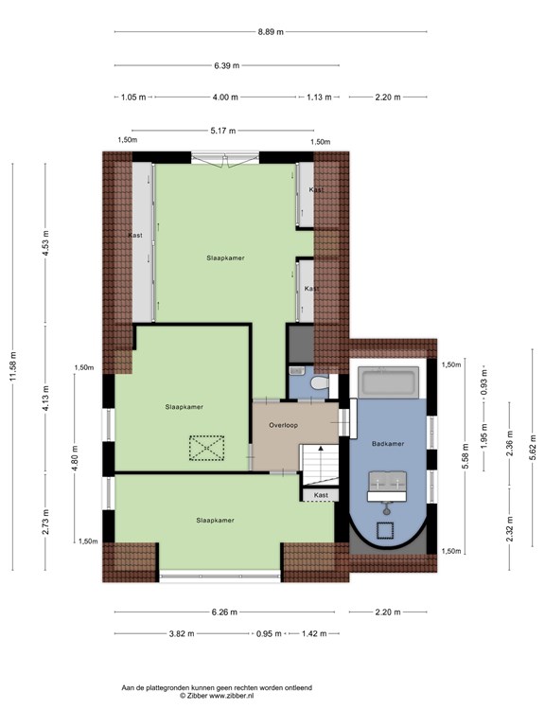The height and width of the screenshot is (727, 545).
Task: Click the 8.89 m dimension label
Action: pyautogui.click(x=271, y=32)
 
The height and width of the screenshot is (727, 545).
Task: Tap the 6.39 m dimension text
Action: pyautogui.click(x=227, y=65)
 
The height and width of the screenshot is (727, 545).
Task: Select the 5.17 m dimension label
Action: pyautogui.click(x=223, y=131)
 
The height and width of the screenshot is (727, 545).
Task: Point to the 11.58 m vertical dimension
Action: pyautogui.click(x=13, y=366)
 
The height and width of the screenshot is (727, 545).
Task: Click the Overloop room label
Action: pyautogui.click(x=284, y=425)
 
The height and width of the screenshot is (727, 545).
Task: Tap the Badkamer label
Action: pyautogui.click(x=388, y=444)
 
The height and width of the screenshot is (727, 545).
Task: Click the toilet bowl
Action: pyautogui.click(x=320, y=383)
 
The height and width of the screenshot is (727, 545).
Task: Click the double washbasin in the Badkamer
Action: pyautogui.click(x=387, y=487)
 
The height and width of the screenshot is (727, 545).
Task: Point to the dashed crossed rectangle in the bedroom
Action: pyautogui.click(x=206, y=448)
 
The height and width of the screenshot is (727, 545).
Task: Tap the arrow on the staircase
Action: pyautogui.click(x=320, y=465)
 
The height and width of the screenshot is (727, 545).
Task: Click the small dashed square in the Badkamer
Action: pyautogui.click(x=385, y=530)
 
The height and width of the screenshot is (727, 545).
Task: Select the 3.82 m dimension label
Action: pyautogui.click(x=182, y=634)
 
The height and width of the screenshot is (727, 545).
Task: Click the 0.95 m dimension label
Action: pyautogui.click(x=269, y=634)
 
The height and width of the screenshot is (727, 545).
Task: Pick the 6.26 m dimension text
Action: pyautogui.click(x=224, y=612)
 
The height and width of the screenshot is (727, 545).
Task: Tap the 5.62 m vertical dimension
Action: pyautogui.click(x=533, y=445)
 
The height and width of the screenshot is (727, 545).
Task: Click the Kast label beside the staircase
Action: pyautogui.click(x=321, y=495)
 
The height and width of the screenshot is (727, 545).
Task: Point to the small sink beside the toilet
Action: pyautogui.click(x=296, y=371)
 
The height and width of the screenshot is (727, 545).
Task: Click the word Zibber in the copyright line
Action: pyautogui.click(x=198, y=696)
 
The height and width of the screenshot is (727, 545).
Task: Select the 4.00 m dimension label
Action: pyautogui.click(x=225, y=98)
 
